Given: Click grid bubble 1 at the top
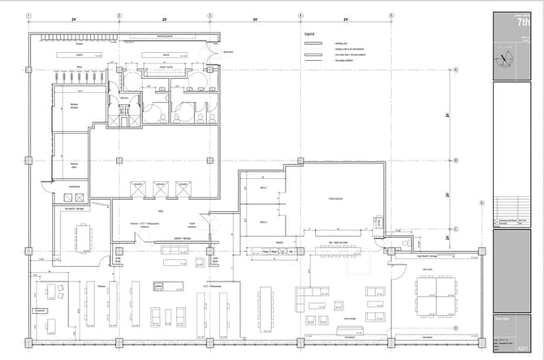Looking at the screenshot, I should point(29,15).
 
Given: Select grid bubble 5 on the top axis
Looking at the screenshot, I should point(391,15).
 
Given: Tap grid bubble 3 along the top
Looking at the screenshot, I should point(210,15).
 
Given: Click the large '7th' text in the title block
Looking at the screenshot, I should point(525,24).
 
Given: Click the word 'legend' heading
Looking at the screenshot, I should point(309,34).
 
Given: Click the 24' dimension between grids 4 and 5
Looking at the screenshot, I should point(346,19).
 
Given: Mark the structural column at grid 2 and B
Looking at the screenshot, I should point(119,161).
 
